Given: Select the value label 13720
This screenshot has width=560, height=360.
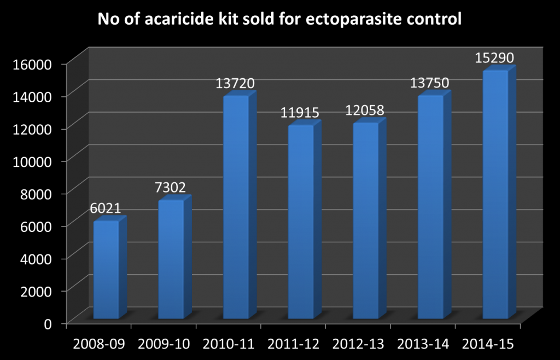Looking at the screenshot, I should click(235, 84).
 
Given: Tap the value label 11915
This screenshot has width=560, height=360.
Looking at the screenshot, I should click(300, 113).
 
